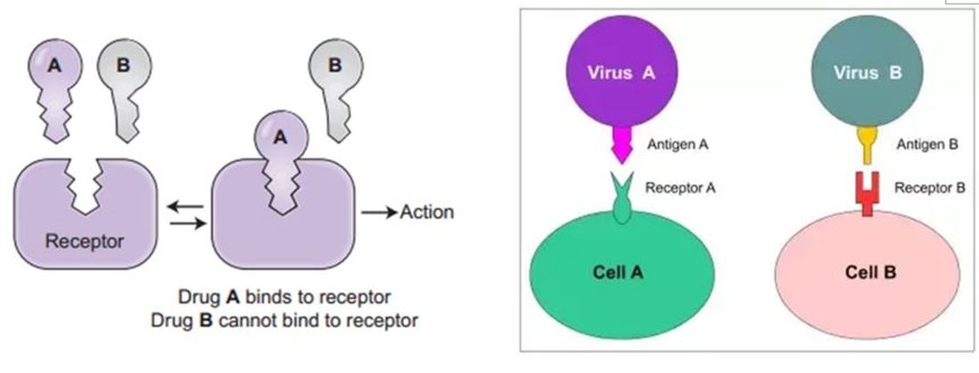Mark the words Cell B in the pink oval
point(868,272)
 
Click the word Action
point(427,212)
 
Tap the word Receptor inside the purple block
point(85,240)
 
